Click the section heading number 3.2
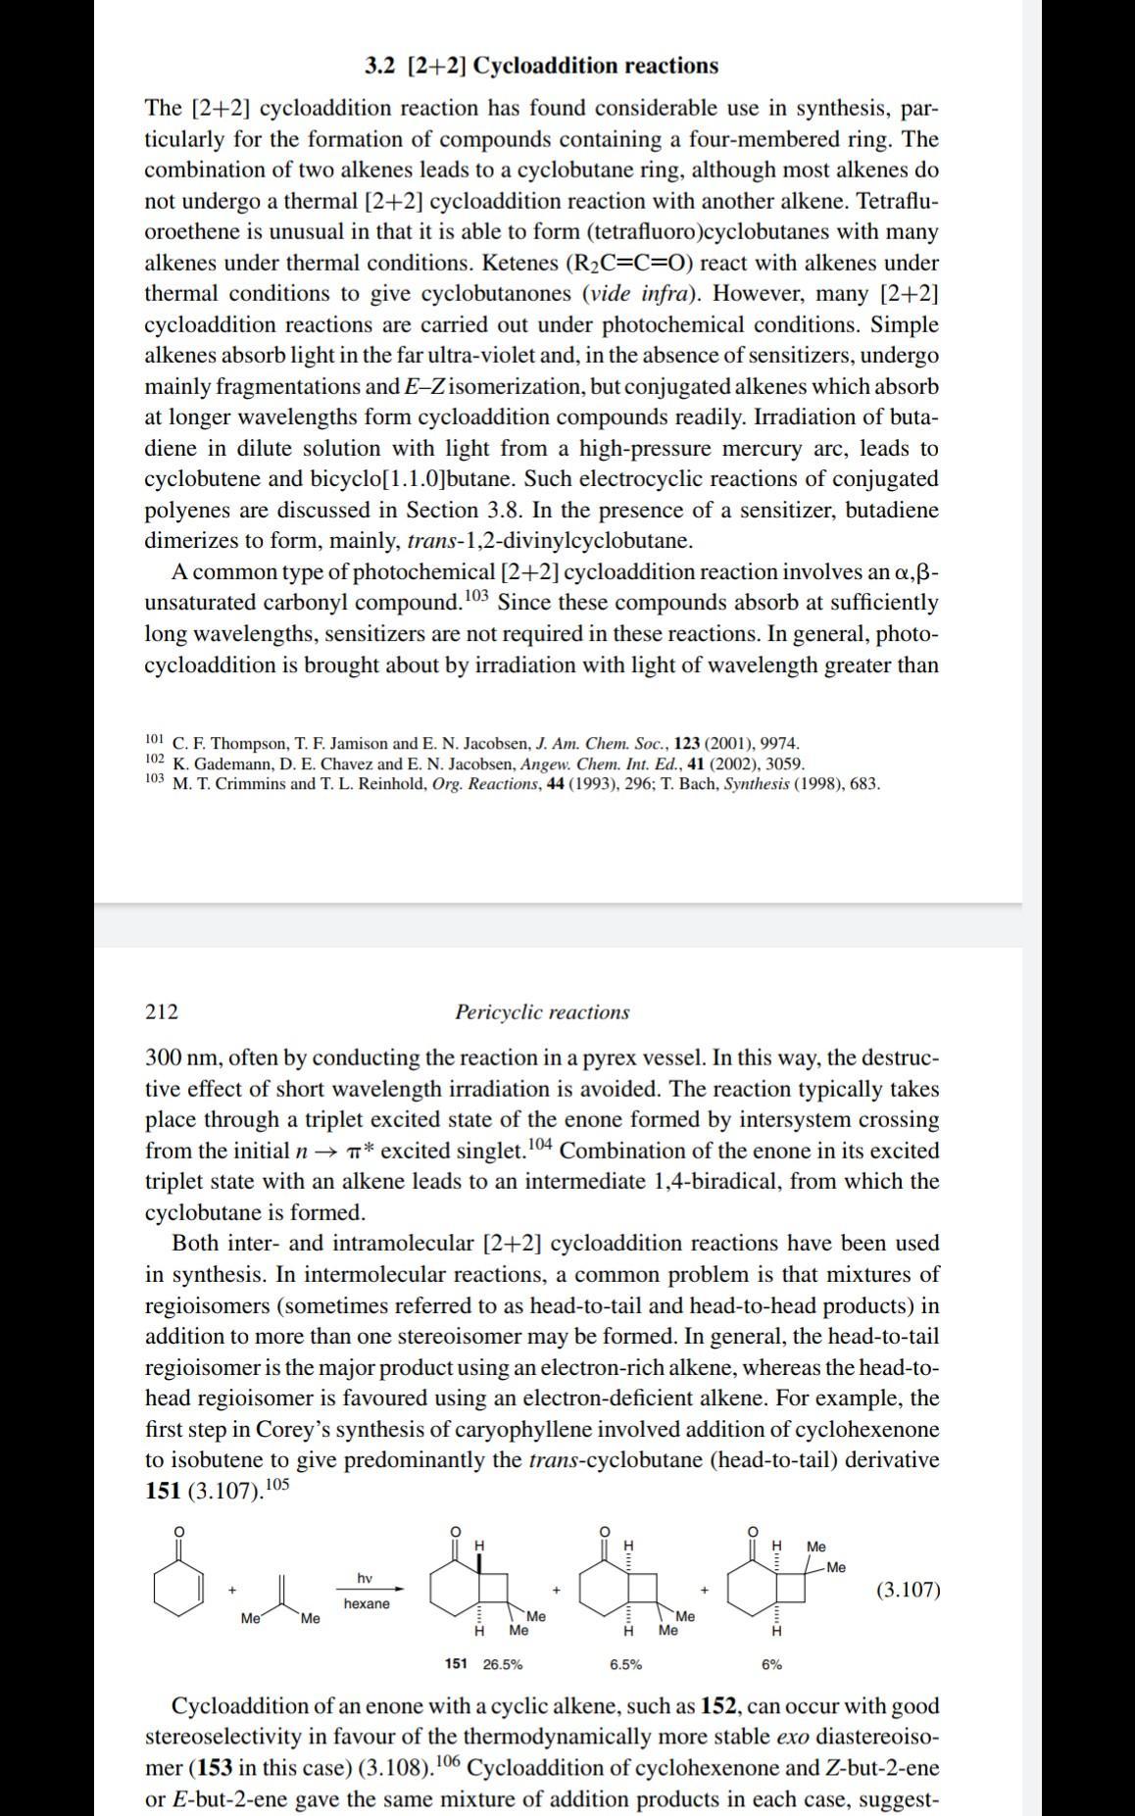(379, 66)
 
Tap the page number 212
(162, 1011)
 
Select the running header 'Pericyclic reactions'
(542, 1011)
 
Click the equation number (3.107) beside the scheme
(908, 1589)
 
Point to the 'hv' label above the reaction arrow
(365, 1577)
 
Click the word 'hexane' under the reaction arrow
(367, 1603)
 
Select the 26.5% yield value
(502, 1663)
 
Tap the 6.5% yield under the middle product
(625, 1663)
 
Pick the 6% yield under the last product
(772, 1663)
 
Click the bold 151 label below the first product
(456, 1663)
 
